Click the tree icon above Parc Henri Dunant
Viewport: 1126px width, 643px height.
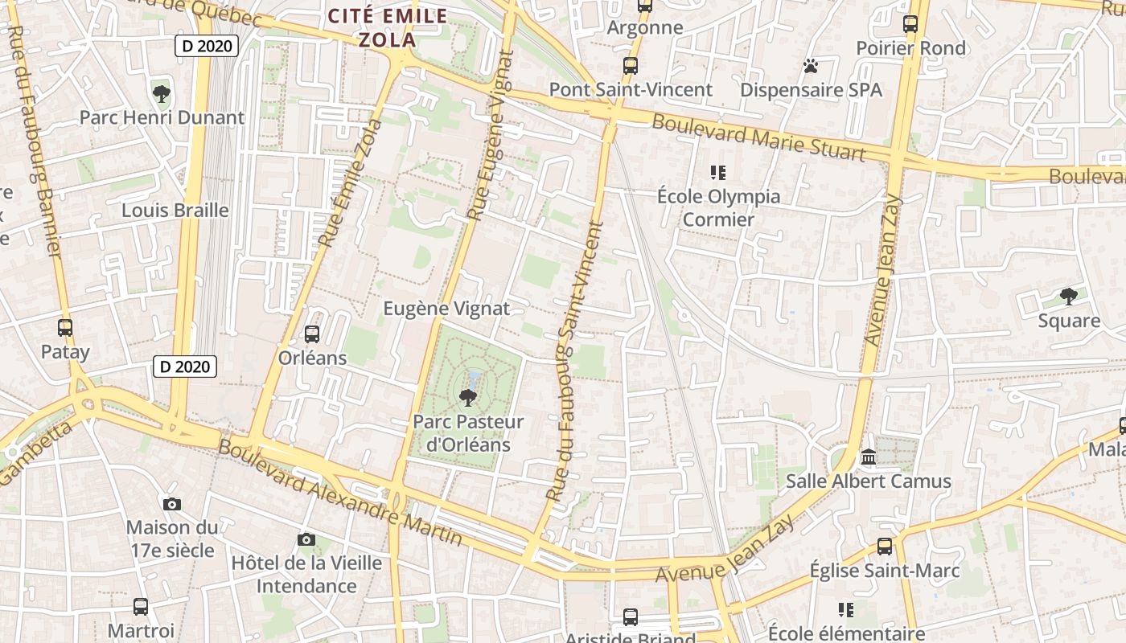pyautogui.click(x=162, y=93)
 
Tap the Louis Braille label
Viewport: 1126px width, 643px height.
pyautogui.click(x=175, y=211)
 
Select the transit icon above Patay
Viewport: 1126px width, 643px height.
pyautogui.click(x=65, y=328)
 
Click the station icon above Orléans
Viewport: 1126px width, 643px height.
pyautogui.click(x=312, y=334)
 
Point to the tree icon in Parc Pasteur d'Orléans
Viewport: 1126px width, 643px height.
pyautogui.click(x=467, y=397)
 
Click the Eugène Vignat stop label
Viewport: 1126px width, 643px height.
pyautogui.click(x=446, y=309)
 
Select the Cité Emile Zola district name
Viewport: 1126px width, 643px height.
pyautogui.click(x=388, y=27)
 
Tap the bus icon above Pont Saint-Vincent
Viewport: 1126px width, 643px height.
pyautogui.click(x=630, y=66)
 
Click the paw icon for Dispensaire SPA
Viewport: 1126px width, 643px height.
pyautogui.click(x=811, y=66)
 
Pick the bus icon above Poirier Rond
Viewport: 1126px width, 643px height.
pyautogui.click(x=910, y=24)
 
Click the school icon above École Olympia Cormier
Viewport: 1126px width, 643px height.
pyautogui.click(x=718, y=172)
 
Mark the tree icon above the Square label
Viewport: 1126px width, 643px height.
pyautogui.click(x=1068, y=297)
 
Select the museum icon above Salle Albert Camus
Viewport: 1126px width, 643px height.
pyautogui.click(x=869, y=457)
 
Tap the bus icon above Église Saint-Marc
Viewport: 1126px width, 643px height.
pyautogui.click(x=885, y=547)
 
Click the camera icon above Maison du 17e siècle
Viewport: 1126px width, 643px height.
pyautogui.click(x=172, y=504)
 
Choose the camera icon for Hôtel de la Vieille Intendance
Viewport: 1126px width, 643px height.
pyautogui.click(x=306, y=539)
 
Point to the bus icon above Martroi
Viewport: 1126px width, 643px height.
pyautogui.click(x=141, y=606)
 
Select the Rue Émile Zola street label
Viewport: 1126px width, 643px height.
pyautogui.click(x=350, y=183)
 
